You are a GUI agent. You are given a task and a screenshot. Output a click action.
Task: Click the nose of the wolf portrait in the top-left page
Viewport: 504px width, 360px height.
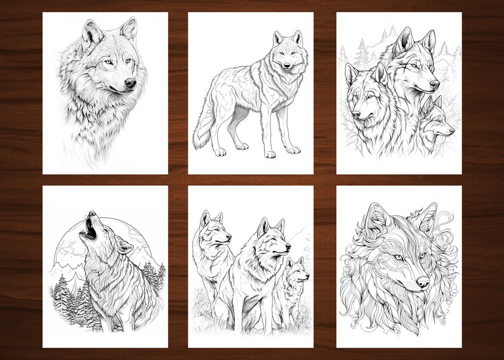[129, 83]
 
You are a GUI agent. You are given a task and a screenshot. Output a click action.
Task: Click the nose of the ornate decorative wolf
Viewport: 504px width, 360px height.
[422, 281]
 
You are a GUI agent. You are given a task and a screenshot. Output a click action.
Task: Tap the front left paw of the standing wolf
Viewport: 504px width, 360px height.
[272, 154]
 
